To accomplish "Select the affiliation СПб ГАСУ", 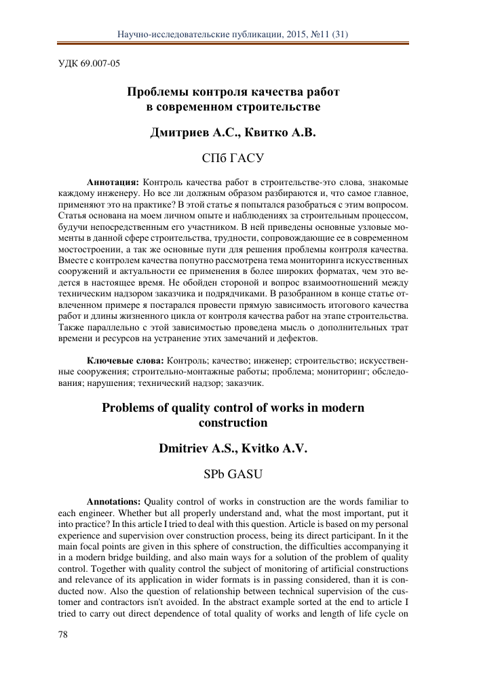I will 232,159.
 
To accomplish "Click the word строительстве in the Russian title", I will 276,106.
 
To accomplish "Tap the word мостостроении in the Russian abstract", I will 83,250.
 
